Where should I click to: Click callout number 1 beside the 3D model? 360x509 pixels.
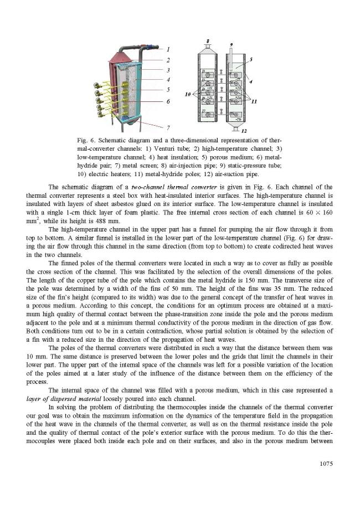point(168,49)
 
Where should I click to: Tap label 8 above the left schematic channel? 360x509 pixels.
point(207,42)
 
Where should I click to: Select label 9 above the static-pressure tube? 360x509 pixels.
point(231,44)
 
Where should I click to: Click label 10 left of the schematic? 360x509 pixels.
point(188,95)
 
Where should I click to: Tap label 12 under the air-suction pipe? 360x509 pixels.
point(244,131)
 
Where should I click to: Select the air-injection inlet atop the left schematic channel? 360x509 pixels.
point(207,47)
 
